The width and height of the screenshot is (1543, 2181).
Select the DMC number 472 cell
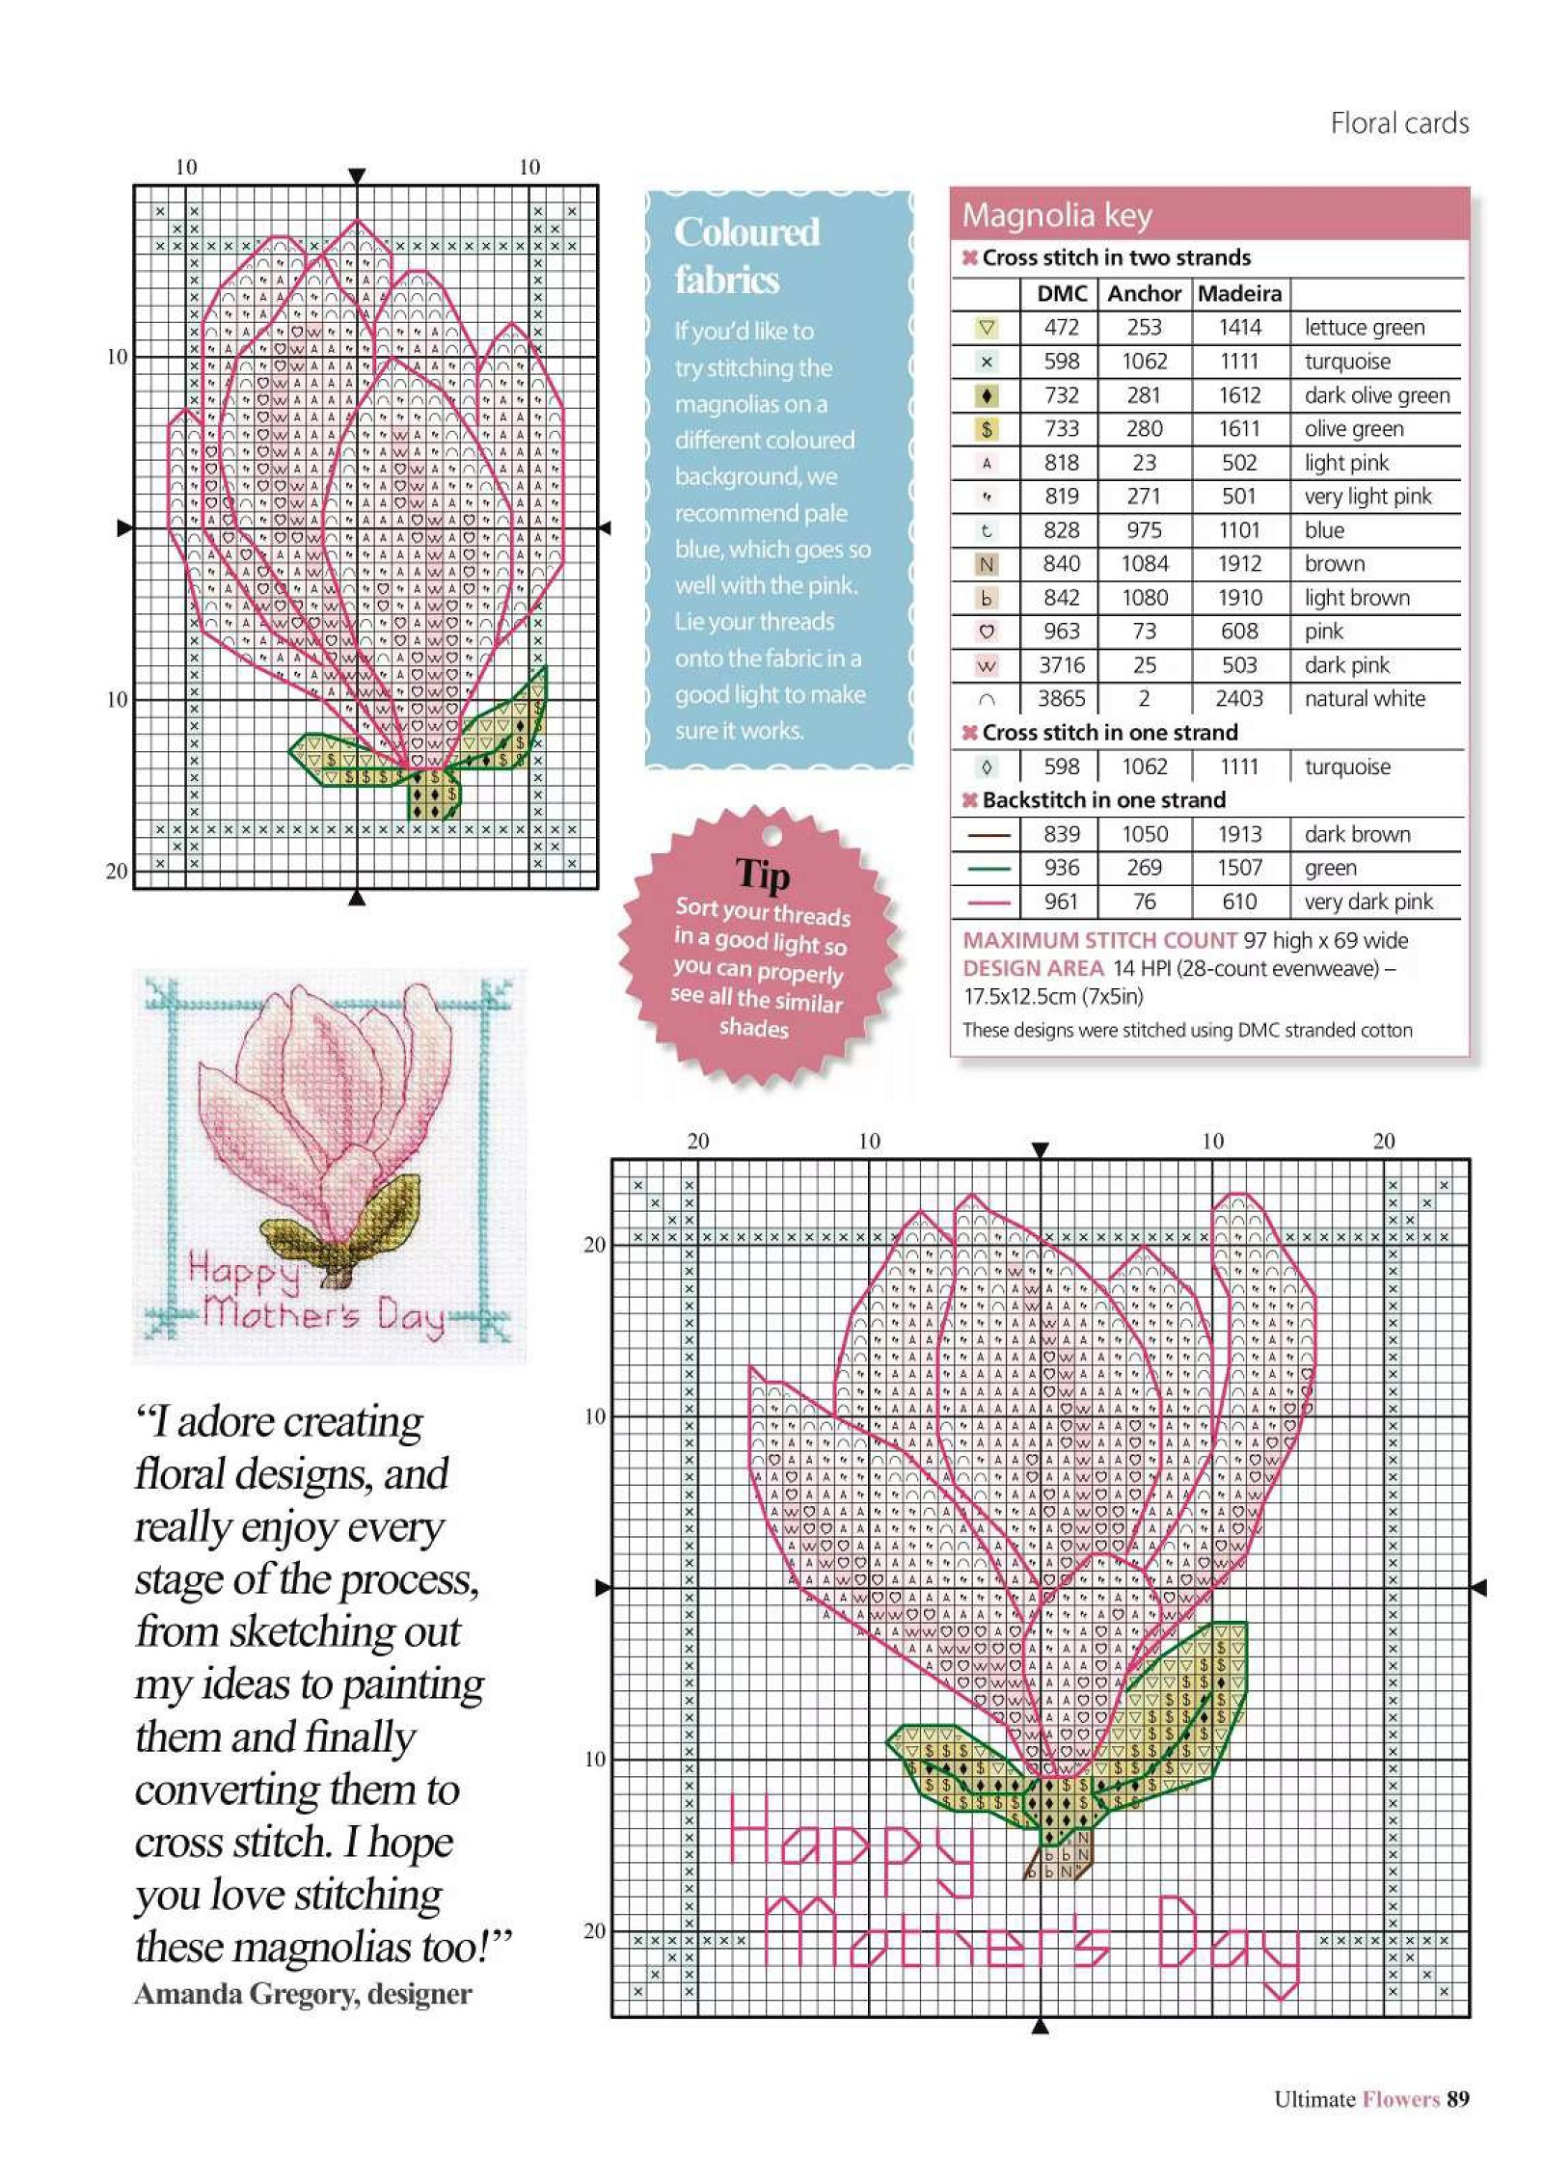[1061, 327]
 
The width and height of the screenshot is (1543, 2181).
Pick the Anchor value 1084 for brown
[1144, 563]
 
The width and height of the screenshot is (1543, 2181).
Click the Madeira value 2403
[1239, 698]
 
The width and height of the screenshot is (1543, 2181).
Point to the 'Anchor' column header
[1144, 293]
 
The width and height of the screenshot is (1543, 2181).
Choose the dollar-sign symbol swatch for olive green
[986, 429]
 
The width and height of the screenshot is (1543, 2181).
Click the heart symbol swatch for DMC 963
[986, 632]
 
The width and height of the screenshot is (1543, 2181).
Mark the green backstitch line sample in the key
[986, 869]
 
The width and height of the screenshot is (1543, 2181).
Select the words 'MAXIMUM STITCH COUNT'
[1099, 940]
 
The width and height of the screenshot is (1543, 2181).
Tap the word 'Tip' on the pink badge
[762, 874]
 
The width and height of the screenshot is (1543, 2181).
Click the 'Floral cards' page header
[1399, 123]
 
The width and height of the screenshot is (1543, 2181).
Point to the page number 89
[1457, 2099]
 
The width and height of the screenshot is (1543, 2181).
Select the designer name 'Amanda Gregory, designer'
[303, 1994]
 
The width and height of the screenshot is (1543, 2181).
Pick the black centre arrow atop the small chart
[357, 175]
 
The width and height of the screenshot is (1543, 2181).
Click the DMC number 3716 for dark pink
[1061, 665]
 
